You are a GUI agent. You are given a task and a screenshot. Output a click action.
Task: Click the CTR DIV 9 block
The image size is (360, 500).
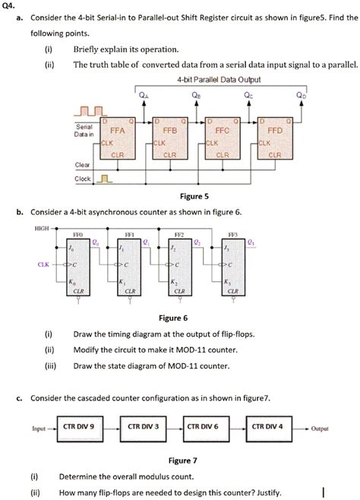click(78, 427)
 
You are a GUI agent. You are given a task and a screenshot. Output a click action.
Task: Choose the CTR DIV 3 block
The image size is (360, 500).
click(142, 427)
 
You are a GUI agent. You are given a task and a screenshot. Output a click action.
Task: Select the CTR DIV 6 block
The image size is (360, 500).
click(204, 427)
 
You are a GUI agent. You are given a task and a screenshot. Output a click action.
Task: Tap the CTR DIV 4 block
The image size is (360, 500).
click(267, 427)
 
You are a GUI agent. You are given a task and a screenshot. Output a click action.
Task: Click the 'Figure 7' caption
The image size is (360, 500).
click(183, 460)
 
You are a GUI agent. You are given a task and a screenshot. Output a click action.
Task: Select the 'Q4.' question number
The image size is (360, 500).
click(10, 7)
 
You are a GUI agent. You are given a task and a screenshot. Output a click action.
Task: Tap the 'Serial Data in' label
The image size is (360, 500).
click(84, 130)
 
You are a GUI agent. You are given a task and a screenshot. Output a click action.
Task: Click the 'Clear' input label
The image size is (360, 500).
click(82, 164)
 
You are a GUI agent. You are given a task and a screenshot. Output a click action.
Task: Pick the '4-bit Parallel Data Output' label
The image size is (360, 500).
click(219, 79)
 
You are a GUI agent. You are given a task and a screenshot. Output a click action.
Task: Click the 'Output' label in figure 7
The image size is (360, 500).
click(319, 429)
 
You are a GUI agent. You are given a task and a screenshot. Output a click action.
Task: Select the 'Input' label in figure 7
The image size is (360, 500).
click(39, 429)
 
